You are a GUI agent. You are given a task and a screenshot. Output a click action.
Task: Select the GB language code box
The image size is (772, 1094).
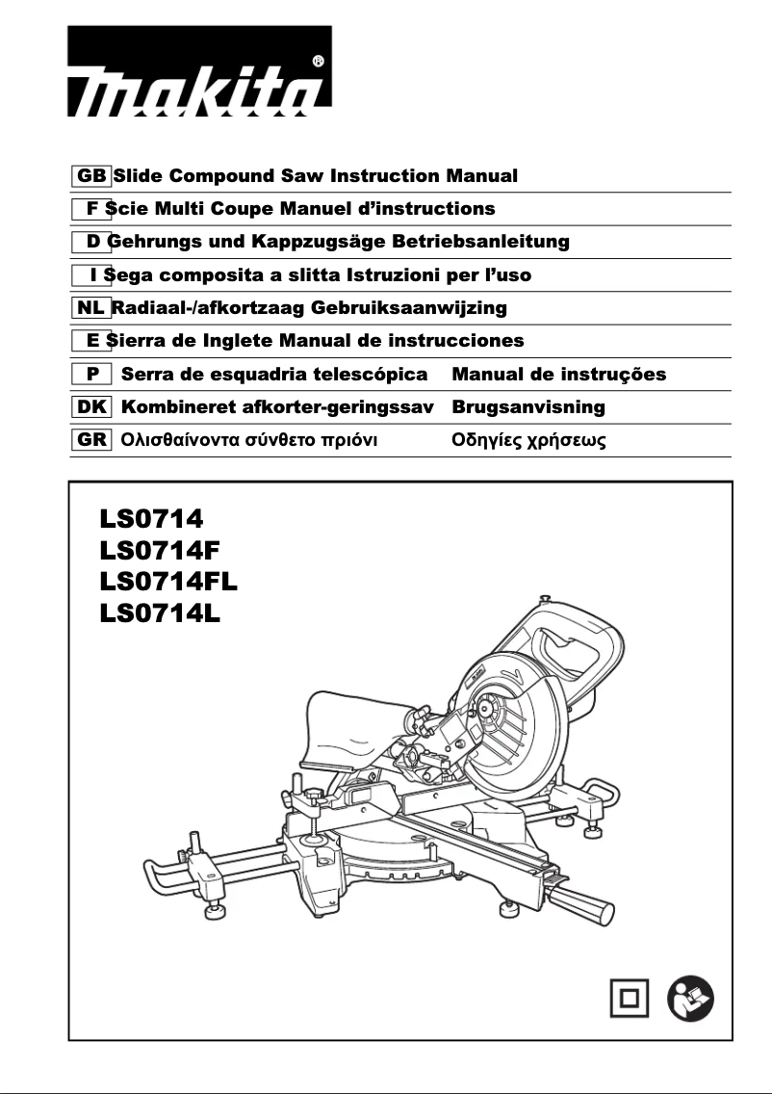[91, 176]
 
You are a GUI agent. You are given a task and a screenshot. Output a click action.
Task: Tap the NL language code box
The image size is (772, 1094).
[91, 308]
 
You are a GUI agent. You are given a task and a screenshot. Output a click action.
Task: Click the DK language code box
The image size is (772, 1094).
[91, 407]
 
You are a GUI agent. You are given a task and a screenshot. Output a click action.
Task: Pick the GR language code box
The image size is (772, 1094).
[91, 440]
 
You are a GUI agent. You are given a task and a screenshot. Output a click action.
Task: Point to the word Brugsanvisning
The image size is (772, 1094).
[528, 407]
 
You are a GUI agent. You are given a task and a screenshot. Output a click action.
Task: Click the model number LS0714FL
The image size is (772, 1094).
[168, 582]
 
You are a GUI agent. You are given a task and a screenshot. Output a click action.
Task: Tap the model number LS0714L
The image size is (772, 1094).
[161, 613]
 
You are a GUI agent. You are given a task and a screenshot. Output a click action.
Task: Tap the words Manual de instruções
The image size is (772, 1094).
[558, 374]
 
